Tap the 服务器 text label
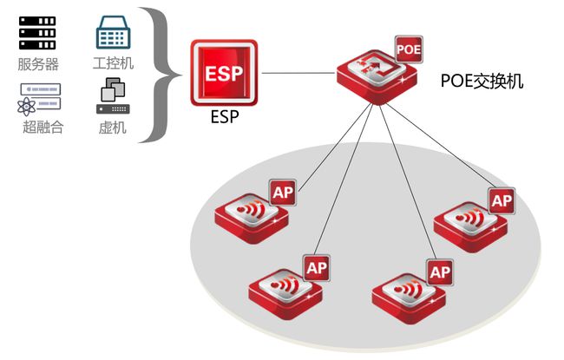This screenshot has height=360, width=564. tap(36, 64)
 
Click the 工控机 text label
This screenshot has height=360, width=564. tap(113, 64)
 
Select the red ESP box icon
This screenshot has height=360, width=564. tap(225, 72)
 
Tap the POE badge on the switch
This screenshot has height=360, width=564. tap(409, 49)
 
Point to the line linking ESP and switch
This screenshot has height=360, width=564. tap(299, 73)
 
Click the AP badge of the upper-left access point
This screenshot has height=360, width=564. tap(282, 193)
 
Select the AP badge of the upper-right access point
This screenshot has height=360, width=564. tap(502, 200)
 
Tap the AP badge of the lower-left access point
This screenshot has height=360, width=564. tap(316, 267)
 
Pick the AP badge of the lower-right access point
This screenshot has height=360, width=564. tap(440, 272)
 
